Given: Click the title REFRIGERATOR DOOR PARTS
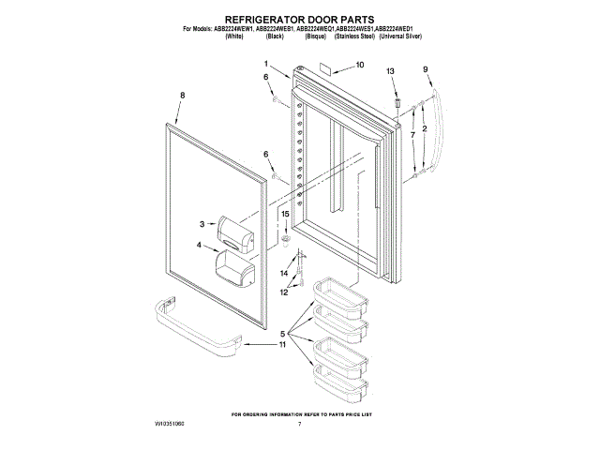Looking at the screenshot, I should tap(300, 18).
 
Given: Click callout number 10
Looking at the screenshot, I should tap(360, 66).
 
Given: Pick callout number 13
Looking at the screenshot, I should tap(392, 72).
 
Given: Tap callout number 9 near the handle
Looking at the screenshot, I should tap(425, 68).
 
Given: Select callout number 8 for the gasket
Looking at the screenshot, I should tap(182, 95).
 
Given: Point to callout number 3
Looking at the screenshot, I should tap(202, 223).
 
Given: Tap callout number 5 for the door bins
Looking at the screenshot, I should tap(284, 333).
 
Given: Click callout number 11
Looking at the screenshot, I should tap(282, 345).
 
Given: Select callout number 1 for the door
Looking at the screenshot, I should tap(266, 63).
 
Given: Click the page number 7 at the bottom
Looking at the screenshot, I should tap(299, 425).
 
